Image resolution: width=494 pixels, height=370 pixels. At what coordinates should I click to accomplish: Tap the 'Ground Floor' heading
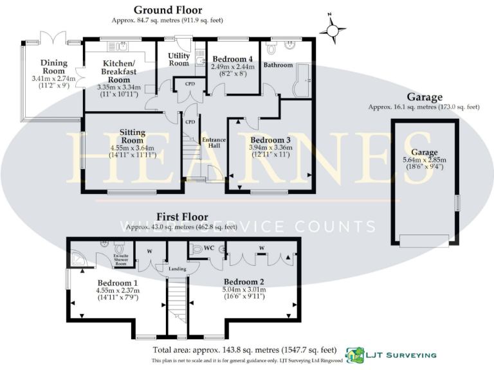point(167,10)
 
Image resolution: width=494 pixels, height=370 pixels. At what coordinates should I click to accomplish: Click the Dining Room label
point(53,67)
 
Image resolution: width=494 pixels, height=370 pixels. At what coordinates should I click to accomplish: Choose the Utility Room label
point(178,60)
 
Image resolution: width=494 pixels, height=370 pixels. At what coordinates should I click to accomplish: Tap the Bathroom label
point(278,65)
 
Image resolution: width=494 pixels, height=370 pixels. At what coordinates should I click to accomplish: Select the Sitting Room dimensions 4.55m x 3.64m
point(133,147)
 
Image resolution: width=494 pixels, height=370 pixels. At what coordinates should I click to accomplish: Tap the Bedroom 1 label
point(118,283)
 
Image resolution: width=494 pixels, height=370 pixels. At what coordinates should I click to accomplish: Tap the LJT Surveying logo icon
point(354,354)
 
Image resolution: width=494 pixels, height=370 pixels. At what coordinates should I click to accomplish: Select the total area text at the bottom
point(244,350)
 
